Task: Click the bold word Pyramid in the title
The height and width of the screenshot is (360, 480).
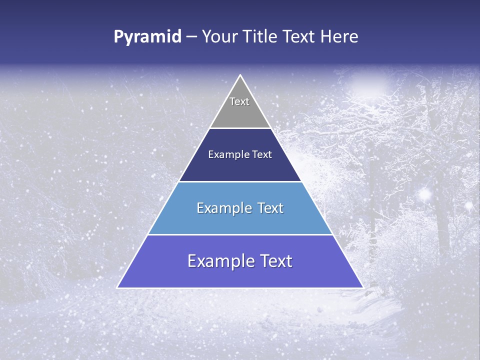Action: [x=147, y=37]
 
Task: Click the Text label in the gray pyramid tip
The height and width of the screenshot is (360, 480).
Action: [x=239, y=101]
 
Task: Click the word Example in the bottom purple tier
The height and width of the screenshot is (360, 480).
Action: [x=218, y=261]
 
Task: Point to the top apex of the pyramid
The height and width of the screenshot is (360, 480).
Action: [x=240, y=75]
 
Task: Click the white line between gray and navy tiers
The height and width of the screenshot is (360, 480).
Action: [x=240, y=128]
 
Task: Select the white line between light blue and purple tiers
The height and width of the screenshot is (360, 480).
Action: [x=240, y=234]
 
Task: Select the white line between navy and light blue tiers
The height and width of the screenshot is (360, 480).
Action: [x=240, y=181]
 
